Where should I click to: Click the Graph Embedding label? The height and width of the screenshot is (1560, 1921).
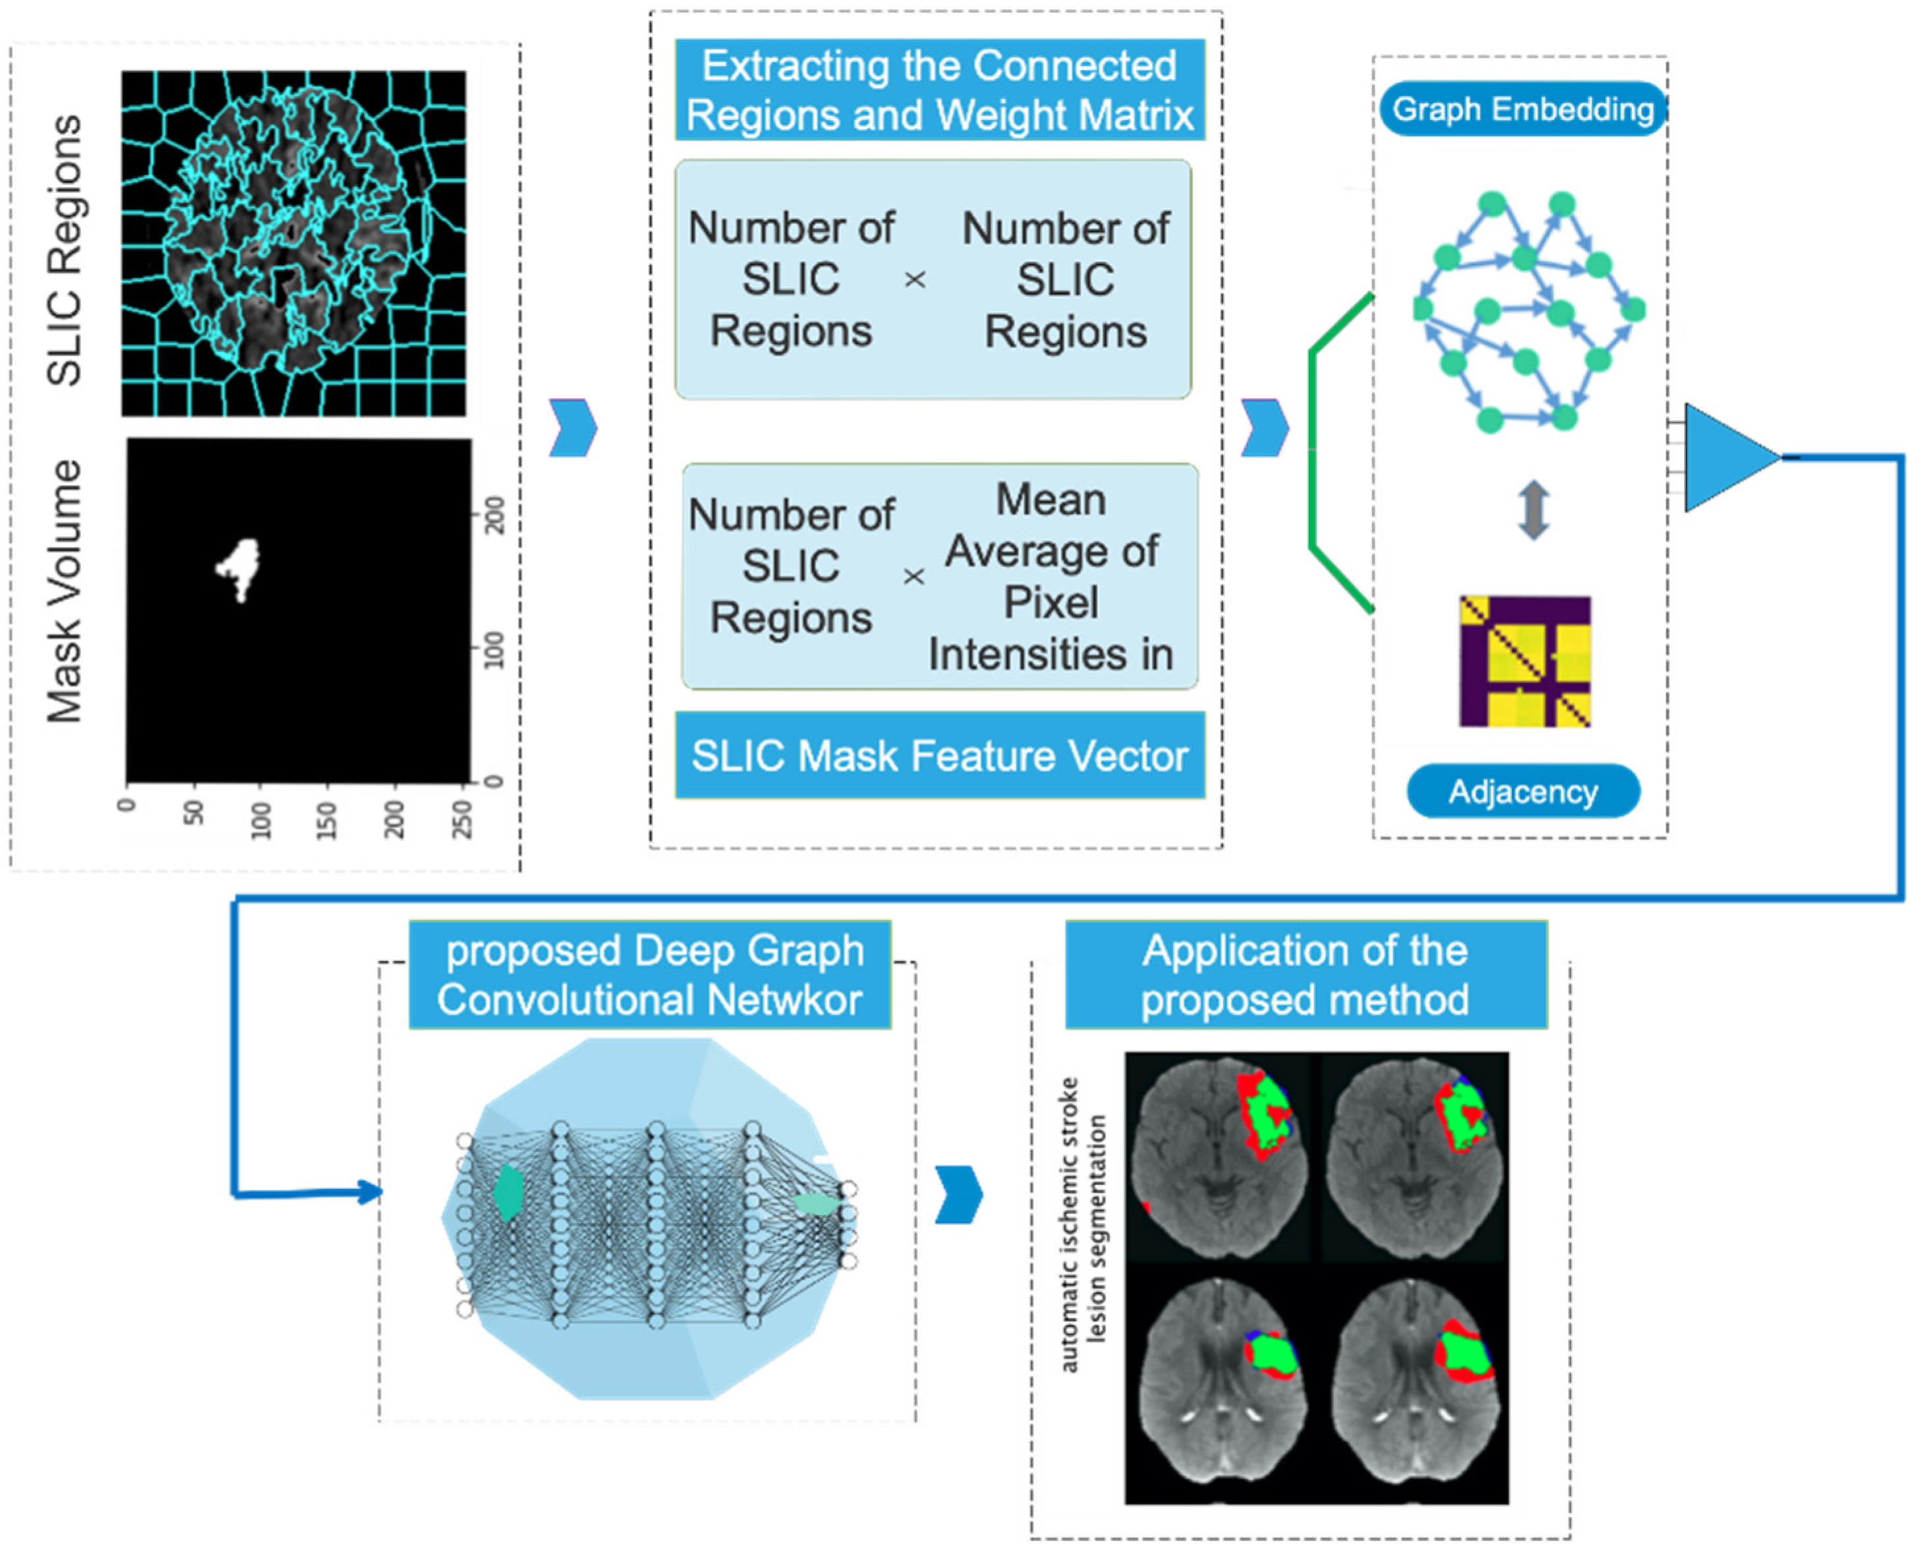pyautogui.click(x=1523, y=109)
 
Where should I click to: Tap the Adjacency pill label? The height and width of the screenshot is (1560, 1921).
pyautogui.click(x=1523, y=792)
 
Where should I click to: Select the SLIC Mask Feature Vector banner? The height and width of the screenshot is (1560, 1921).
pyautogui.click(x=940, y=755)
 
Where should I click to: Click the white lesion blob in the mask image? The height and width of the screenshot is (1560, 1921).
pyautogui.click(x=239, y=568)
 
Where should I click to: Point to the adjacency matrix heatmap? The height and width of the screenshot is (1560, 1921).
pyautogui.click(x=1525, y=661)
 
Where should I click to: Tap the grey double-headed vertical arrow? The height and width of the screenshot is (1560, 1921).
pyautogui.click(x=1534, y=509)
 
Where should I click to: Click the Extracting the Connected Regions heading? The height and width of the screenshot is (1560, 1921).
pyautogui.click(x=940, y=90)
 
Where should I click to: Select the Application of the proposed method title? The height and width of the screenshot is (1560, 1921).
pyautogui.click(x=1306, y=975)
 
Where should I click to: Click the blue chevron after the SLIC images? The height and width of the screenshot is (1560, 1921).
pyautogui.click(x=573, y=428)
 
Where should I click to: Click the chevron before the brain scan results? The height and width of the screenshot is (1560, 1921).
pyautogui.click(x=959, y=1195)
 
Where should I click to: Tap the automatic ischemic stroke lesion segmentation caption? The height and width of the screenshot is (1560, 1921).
pyautogui.click(x=1082, y=1225)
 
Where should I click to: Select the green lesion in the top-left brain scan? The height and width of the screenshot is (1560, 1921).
pyautogui.click(x=1269, y=1114)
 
